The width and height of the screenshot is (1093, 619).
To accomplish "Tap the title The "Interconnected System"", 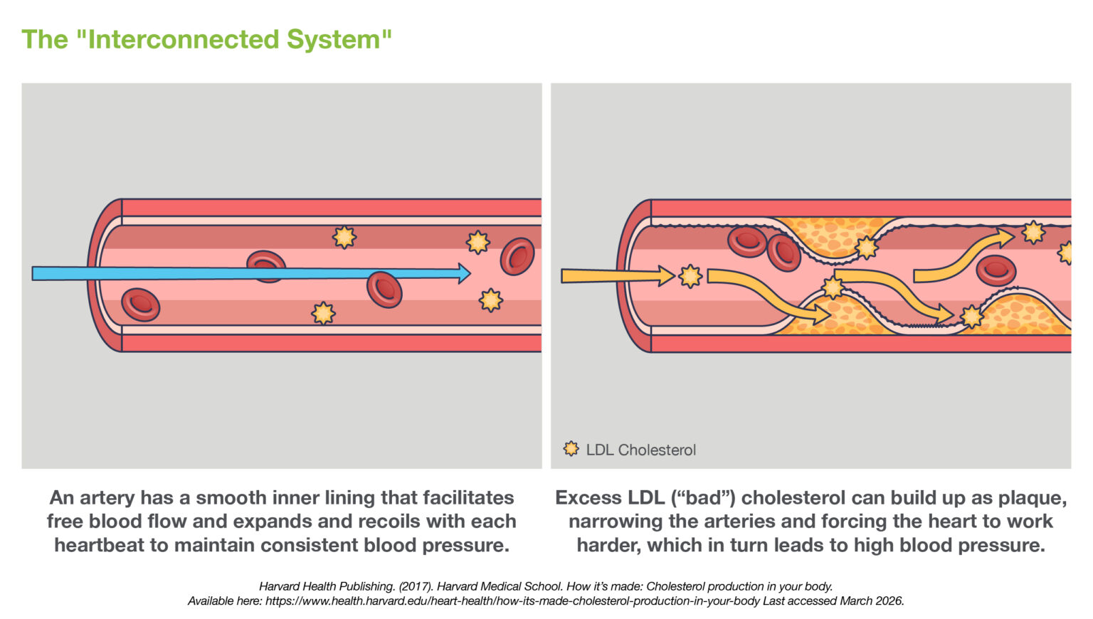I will (206, 39).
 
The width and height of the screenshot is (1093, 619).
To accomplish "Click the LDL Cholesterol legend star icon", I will (571, 449).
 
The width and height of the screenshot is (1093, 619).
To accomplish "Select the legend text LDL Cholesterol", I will (640, 450).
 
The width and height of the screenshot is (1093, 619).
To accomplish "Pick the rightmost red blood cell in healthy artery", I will (517, 257).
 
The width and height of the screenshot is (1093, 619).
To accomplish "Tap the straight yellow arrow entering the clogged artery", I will (616, 275).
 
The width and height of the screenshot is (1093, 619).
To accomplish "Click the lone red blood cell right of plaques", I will (996, 270).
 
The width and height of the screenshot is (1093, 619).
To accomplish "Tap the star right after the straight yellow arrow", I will (690, 276).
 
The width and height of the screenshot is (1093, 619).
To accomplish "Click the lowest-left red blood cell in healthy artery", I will (141, 305).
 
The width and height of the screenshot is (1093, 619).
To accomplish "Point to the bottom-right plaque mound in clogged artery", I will (1025, 316).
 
